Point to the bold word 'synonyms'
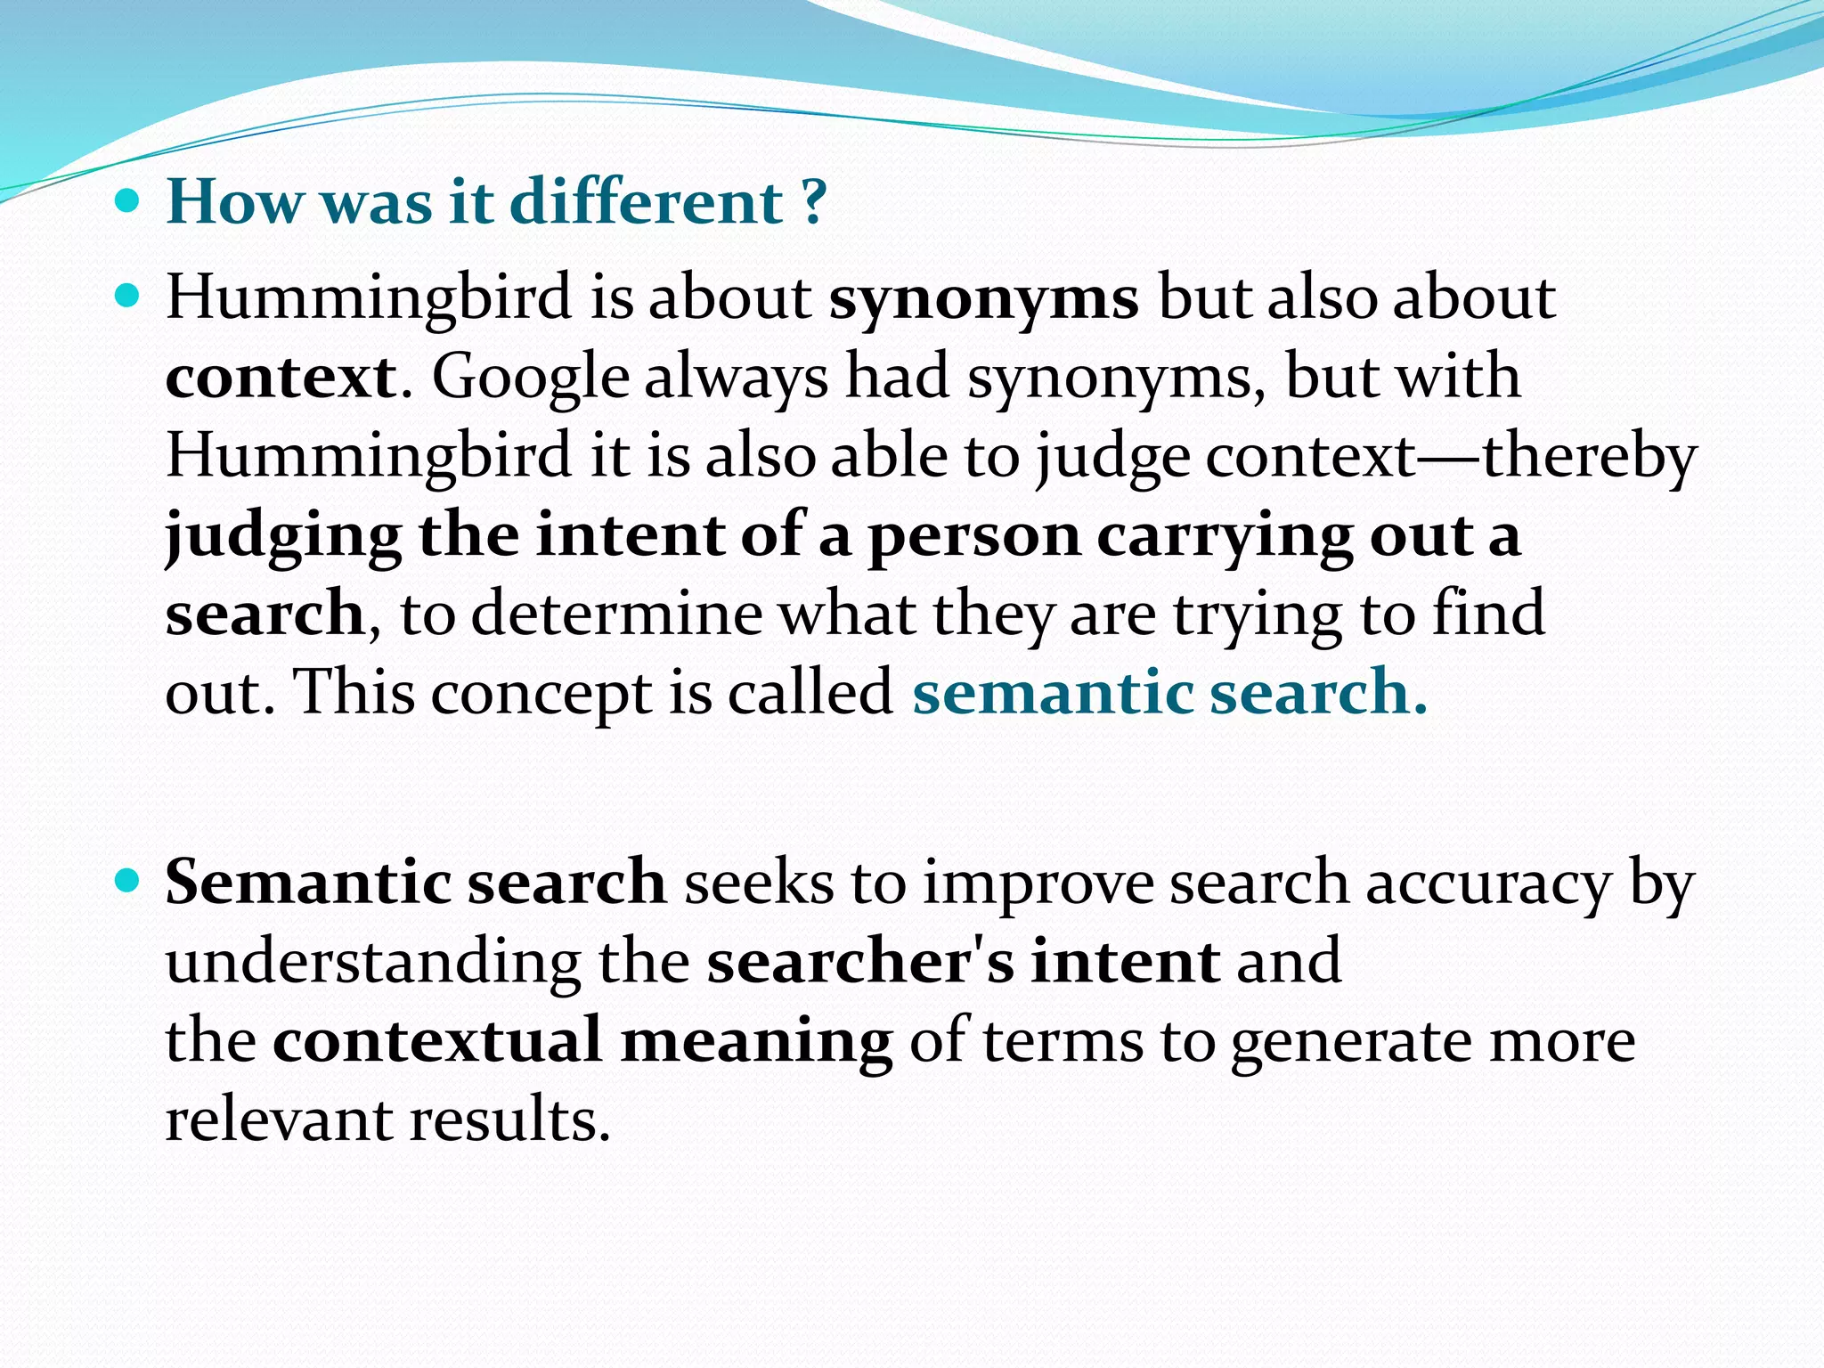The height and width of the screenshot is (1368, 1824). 983,299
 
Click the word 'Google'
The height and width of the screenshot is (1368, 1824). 531,378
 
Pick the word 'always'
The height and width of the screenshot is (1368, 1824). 736,378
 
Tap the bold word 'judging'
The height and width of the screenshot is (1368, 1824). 283,536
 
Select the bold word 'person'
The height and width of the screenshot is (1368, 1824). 973,536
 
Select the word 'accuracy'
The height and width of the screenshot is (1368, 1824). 1488,883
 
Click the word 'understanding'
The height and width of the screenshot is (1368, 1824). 373,962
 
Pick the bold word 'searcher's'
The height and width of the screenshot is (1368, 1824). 860,962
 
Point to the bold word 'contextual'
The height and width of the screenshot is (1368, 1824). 437,1040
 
